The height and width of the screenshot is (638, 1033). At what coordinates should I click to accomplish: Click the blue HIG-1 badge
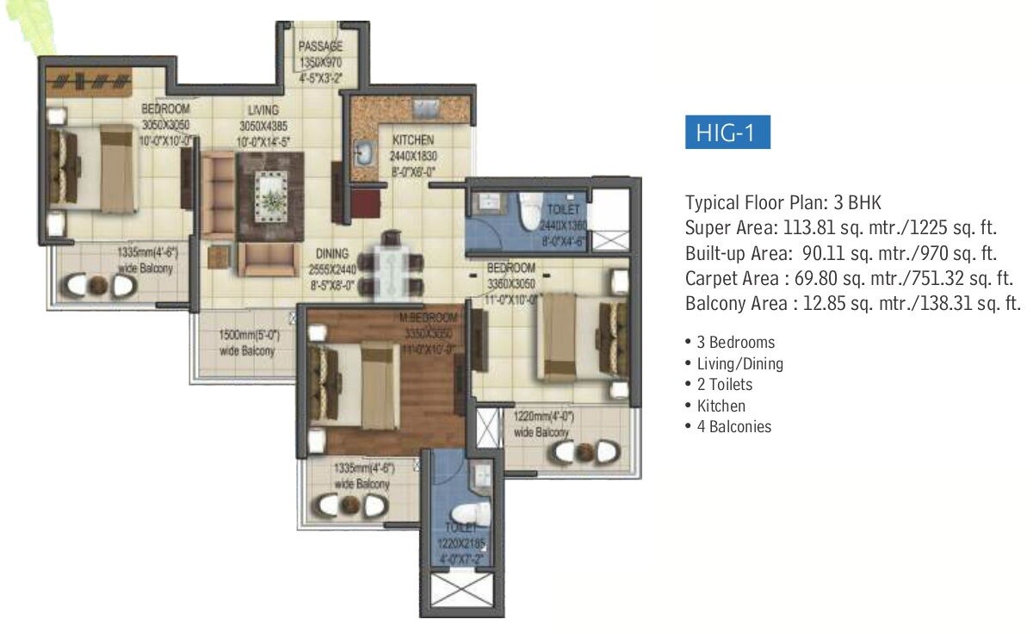pyautogui.click(x=727, y=135)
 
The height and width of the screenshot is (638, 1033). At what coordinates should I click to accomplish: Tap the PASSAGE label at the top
pyautogui.click(x=320, y=46)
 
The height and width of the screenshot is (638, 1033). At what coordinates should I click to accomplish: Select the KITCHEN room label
pyautogui.click(x=413, y=139)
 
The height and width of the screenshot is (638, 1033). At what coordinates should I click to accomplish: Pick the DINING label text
pyautogui.click(x=331, y=253)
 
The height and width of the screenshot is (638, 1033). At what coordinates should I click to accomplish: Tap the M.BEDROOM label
pyautogui.click(x=427, y=319)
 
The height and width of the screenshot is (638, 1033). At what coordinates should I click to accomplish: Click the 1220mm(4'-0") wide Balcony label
pyautogui.click(x=542, y=424)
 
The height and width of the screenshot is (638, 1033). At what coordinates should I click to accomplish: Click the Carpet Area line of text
pyautogui.click(x=849, y=279)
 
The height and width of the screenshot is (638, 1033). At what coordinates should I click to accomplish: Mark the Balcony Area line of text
pyautogui.click(x=853, y=304)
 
